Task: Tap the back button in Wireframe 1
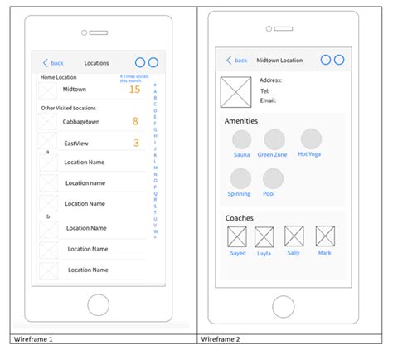coord(52,63)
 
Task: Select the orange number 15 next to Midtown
coord(134,90)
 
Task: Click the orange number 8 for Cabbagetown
coord(135,121)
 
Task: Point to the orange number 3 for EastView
coord(136,143)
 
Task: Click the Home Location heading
coord(59,77)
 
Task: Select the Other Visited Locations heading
coord(68,108)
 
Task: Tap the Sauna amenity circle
coord(242,139)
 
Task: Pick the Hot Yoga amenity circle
coord(311,139)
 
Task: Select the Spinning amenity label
coord(239,194)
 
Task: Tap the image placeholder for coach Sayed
coord(238,236)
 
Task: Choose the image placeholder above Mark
coord(325,236)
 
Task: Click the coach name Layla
coord(264,253)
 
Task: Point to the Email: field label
coord(268,100)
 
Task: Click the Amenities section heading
coord(241,121)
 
